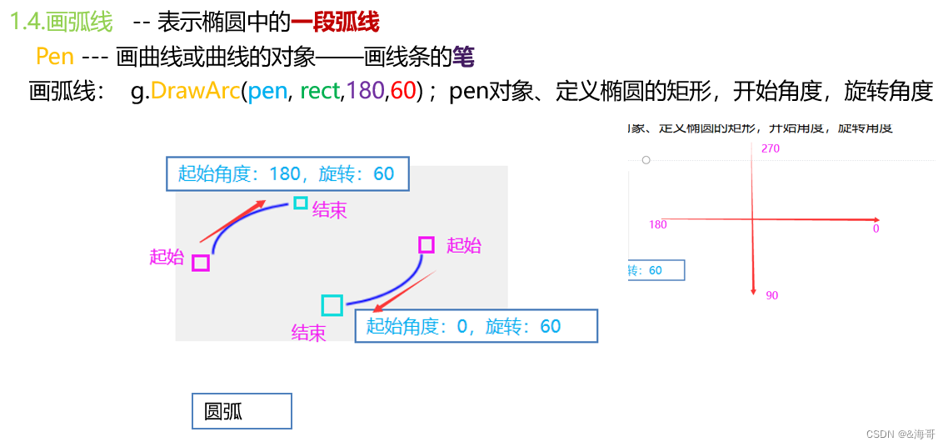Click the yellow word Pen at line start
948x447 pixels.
[55, 57]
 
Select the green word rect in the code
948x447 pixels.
[320, 91]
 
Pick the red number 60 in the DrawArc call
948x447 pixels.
[403, 91]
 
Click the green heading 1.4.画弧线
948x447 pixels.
[61, 22]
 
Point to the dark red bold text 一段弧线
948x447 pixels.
[334, 22]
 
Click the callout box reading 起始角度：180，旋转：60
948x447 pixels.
[287, 173]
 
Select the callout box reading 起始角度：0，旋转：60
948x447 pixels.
[476, 326]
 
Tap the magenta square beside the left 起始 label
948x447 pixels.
[200, 264]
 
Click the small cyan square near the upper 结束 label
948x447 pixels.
[301, 203]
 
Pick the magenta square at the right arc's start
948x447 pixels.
[427, 244]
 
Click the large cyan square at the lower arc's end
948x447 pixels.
[332, 305]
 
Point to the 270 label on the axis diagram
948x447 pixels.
[771, 148]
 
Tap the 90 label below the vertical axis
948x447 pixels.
[772, 295]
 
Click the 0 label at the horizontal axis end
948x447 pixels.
[876, 229]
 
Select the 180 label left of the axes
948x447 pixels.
[657, 224]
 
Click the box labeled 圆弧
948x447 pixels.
[242, 411]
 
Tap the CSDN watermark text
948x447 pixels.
[901, 434]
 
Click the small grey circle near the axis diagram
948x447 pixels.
[646, 159]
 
